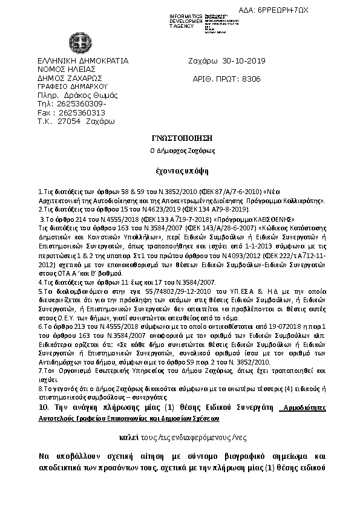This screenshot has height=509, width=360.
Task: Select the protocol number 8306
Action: [x=251, y=79]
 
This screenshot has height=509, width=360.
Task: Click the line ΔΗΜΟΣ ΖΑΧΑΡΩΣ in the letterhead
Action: [x=70, y=78]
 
